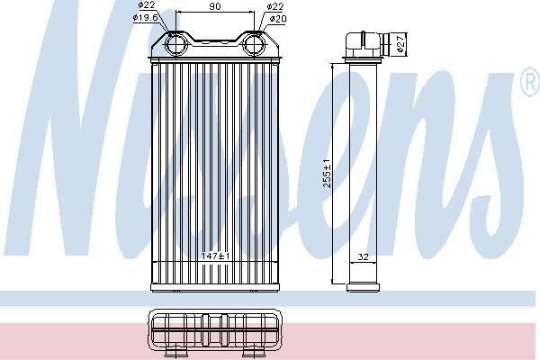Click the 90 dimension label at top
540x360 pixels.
(215, 6)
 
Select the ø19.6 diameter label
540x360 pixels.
(145, 18)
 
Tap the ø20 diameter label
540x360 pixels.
(278, 19)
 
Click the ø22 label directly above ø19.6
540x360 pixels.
(147, 4)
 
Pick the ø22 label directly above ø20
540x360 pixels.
(275, 6)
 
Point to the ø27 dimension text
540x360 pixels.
(400, 44)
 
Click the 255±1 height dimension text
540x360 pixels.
(327, 174)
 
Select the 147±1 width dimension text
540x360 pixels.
(216, 256)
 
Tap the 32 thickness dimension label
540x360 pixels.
(363, 256)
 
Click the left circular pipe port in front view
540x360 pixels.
(175, 44)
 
